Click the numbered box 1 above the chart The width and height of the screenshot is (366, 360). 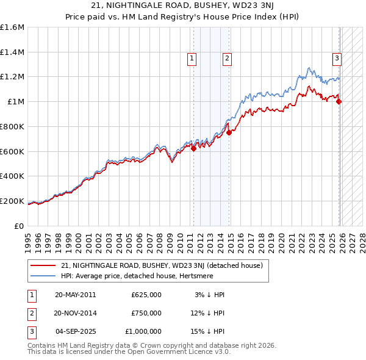[192, 59]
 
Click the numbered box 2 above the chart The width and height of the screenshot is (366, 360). [226, 59]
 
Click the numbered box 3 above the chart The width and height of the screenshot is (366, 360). [336, 59]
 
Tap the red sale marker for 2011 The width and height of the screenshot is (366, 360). [193, 148]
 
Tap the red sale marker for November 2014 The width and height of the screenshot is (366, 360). [229, 132]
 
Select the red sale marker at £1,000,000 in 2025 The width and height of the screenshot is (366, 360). [339, 101]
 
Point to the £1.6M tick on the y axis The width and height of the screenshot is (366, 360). [12, 27]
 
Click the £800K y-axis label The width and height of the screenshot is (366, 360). [12, 126]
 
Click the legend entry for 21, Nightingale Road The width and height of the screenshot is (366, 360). [162, 265]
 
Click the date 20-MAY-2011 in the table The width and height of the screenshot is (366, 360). [75, 295]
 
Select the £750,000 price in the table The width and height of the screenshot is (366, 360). [146, 313]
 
